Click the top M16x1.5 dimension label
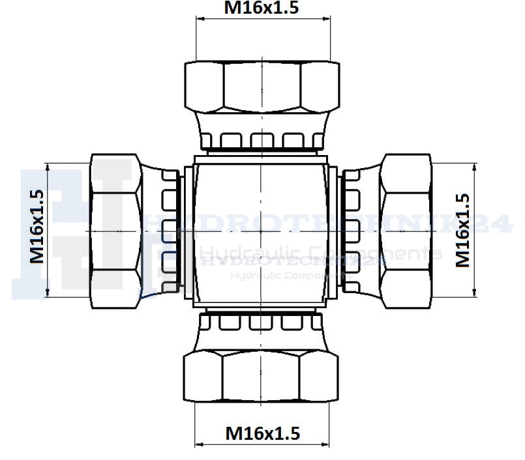[x=262, y=8]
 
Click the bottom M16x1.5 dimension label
[x=262, y=433]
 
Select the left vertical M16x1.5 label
[x=37, y=225]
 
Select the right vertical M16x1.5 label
[x=462, y=230]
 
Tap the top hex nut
[x=262, y=87]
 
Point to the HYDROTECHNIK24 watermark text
[x=326, y=224]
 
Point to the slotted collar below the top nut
[x=262, y=138]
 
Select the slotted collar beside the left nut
[x=170, y=231]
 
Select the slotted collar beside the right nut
[x=352, y=231]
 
